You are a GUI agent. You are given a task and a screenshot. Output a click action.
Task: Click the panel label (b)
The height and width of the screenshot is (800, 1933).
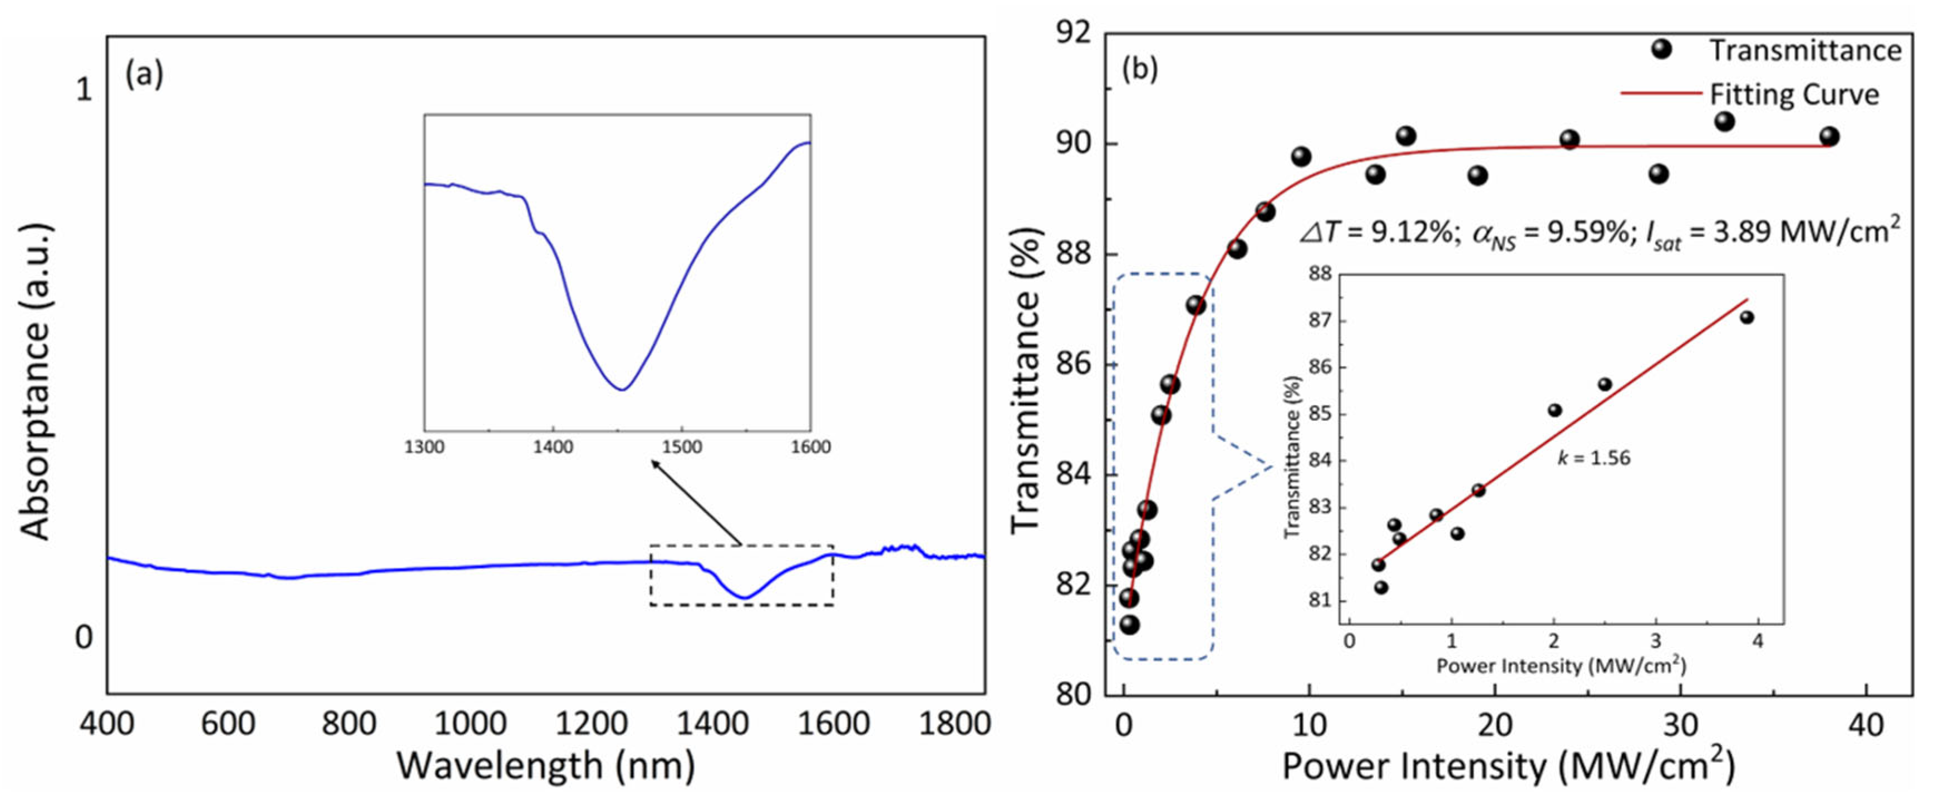1139,69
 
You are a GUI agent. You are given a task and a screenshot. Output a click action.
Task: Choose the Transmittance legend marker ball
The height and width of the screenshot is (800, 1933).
1661,50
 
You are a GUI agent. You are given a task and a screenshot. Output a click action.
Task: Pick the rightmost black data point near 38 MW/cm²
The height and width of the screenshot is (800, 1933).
1829,136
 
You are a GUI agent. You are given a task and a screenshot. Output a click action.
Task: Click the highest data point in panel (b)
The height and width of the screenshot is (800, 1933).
1724,121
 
